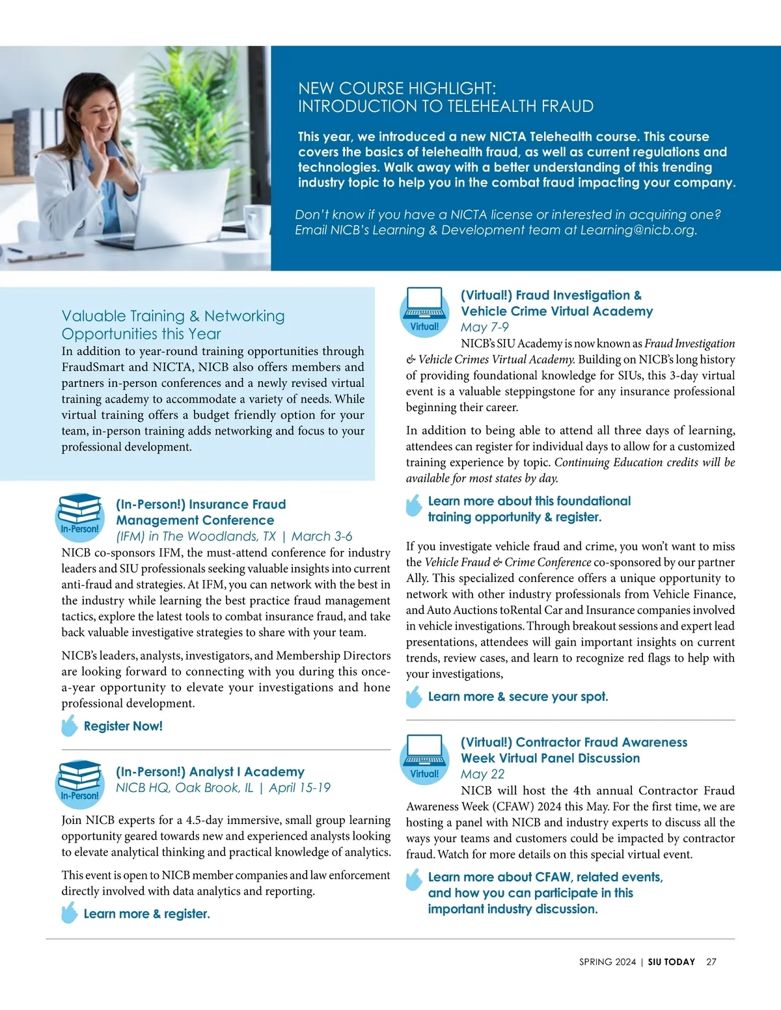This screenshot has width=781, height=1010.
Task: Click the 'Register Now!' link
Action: click(x=123, y=726)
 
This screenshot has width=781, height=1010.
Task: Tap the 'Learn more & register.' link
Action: click(x=146, y=914)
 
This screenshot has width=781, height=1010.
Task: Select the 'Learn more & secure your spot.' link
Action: click(x=517, y=697)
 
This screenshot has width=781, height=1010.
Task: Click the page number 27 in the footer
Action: click(x=711, y=962)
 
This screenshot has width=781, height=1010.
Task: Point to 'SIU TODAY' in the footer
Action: click(x=671, y=962)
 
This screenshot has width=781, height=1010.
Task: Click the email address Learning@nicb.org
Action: click(x=638, y=230)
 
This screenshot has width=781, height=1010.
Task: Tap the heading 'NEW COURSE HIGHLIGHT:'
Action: click(x=397, y=88)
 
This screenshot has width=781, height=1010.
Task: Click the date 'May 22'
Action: click(x=482, y=774)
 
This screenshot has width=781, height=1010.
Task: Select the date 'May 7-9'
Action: click(x=484, y=327)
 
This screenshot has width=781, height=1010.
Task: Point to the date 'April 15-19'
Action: click(x=299, y=788)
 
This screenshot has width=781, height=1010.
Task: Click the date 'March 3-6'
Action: click(x=322, y=537)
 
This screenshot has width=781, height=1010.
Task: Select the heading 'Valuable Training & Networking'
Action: click(x=173, y=316)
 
